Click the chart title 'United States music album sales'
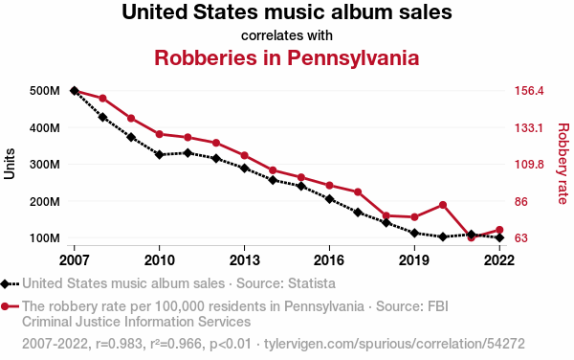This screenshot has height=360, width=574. pos(287,11)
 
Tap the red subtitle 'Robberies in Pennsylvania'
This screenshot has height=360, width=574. pos(287,57)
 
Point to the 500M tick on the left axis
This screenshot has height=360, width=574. pos(45,90)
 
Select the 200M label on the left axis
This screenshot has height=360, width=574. pos(45,201)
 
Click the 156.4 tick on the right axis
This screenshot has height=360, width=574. pos(529,90)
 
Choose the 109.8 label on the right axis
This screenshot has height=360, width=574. pos(529,165)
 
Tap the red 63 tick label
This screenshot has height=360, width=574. pos(521,238)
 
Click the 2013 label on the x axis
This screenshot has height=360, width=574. pos(244,260)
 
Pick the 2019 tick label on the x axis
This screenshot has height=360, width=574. pos(414,260)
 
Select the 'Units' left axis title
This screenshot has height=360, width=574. pos(10,164)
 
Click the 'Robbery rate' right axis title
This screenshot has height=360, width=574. pos(563,164)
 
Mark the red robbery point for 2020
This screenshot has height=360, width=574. pos(443,205)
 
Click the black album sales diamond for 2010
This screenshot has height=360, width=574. pos(159,154)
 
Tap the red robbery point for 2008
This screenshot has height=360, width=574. pos(103,99)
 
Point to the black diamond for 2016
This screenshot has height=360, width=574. pos(329,199)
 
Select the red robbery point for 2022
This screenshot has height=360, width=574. pos(499,230)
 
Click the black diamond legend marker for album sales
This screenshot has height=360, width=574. pos(5,283)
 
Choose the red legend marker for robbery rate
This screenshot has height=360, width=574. pos(5,306)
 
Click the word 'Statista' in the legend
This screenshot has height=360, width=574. pos(312,283)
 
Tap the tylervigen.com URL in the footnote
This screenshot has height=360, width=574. pos(394,344)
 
